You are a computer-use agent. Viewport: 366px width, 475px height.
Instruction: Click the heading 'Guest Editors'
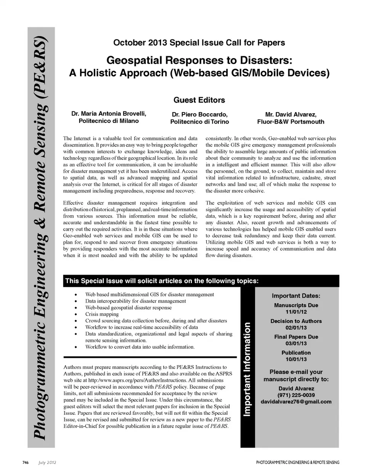coord(199,100)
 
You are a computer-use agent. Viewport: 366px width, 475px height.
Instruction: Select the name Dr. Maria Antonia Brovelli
coord(109,114)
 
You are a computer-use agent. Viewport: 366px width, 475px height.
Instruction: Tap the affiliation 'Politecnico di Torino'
coord(199,122)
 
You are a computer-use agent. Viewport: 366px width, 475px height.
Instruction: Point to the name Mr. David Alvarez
coord(291,114)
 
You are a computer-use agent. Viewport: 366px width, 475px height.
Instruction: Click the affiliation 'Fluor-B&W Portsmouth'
coord(291,122)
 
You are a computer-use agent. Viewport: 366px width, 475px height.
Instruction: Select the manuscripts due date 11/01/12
coord(296,312)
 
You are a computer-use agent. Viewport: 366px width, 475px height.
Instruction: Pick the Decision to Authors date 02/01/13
coord(296,328)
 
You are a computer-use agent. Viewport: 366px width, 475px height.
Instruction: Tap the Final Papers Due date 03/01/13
coord(296,343)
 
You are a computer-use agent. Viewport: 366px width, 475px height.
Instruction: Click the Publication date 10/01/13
coord(296,359)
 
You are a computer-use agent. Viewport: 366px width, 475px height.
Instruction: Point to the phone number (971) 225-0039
coord(296,395)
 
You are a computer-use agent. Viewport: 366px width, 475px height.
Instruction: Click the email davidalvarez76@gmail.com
coord(296,402)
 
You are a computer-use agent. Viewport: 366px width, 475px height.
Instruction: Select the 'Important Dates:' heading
coord(296,296)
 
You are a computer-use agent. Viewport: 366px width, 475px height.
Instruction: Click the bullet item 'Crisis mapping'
coord(102,314)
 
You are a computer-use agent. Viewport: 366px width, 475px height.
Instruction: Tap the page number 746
coord(26,462)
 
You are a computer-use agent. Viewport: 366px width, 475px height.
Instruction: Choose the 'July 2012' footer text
coord(47,462)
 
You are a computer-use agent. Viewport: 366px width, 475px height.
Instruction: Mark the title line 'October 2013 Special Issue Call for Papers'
coord(199,43)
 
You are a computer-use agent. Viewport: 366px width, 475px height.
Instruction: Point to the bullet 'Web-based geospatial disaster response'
coord(128,308)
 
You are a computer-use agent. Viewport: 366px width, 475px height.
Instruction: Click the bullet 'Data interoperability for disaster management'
coord(135,301)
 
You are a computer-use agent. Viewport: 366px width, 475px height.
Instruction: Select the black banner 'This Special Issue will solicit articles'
coord(162,281)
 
